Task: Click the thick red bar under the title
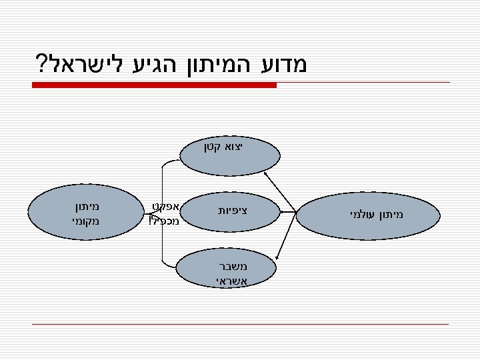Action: tap(154, 85)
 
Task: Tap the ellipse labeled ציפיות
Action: tap(230, 211)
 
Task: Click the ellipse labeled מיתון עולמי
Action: tap(369, 214)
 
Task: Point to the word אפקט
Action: tap(165, 206)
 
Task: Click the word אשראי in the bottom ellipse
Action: tap(232, 281)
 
